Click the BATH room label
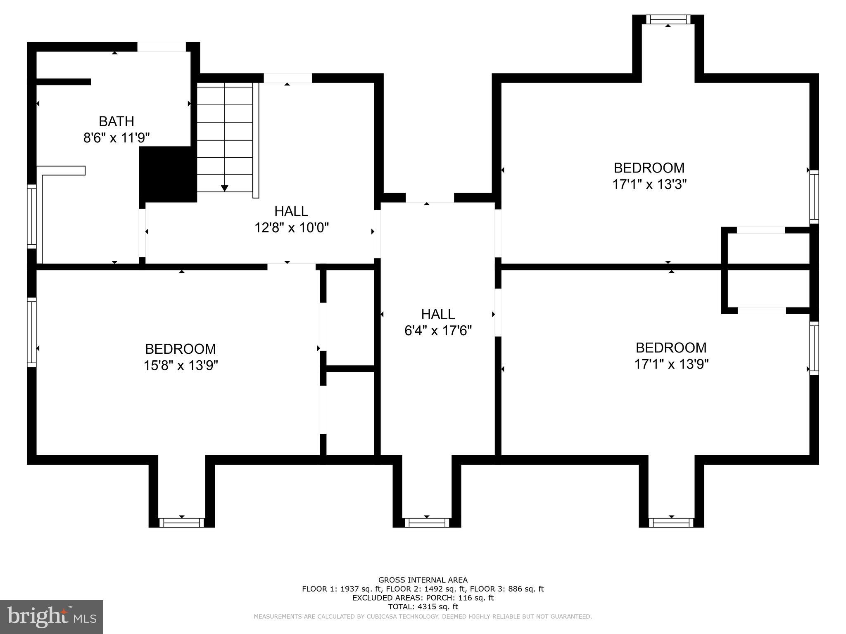(x=116, y=121)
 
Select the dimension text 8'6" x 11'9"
(x=116, y=138)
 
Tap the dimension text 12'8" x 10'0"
(x=291, y=227)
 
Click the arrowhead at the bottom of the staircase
(x=224, y=188)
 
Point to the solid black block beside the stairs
(x=168, y=174)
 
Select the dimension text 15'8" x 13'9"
(x=181, y=365)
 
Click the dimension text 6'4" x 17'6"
(x=438, y=331)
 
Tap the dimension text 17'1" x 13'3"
(x=649, y=184)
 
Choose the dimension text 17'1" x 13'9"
(x=671, y=364)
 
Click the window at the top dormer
(x=668, y=19)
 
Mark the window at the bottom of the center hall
(x=427, y=523)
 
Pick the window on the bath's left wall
(x=32, y=216)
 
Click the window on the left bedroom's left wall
(x=32, y=332)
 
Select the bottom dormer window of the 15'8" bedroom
(x=182, y=523)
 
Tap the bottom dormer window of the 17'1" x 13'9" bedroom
(x=671, y=523)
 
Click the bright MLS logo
(x=51, y=617)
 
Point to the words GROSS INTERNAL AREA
(x=423, y=580)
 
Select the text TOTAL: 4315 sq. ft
(x=423, y=607)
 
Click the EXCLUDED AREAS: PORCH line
(x=423, y=598)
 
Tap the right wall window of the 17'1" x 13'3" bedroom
(x=814, y=196)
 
